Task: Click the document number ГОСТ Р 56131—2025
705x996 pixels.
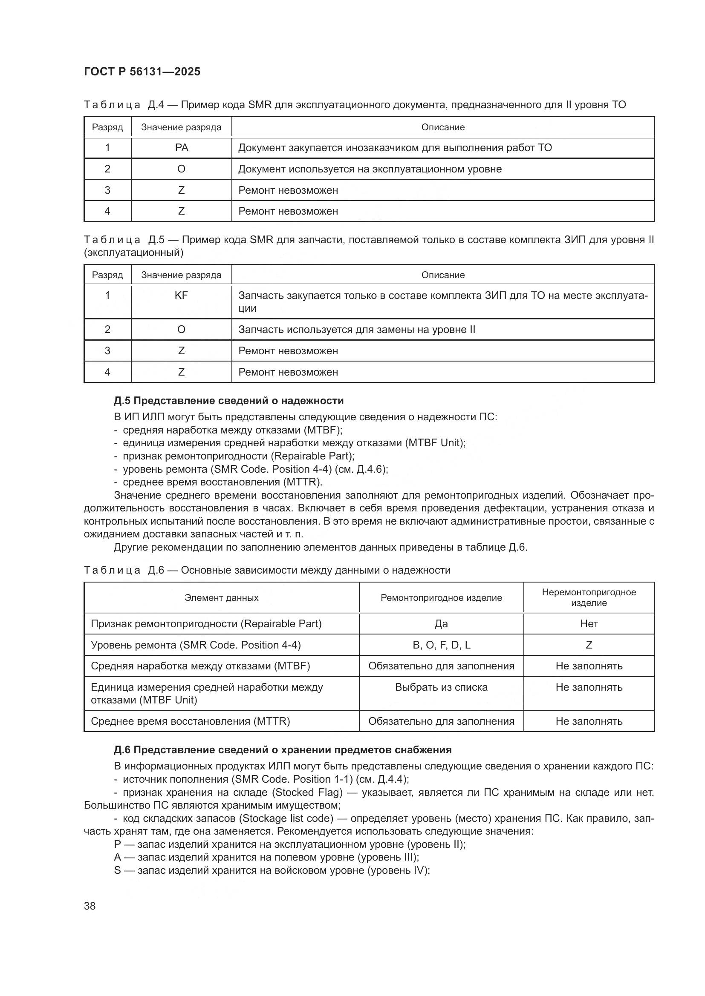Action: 142,72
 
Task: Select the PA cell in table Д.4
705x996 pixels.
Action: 181,148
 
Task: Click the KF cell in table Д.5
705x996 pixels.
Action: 181,296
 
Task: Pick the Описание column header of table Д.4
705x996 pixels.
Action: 443,127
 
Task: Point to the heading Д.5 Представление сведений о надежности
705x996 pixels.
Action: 229,400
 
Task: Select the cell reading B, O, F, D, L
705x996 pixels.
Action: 441,645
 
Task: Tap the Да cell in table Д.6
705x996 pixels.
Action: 441,623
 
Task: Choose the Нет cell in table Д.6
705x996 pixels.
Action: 589,623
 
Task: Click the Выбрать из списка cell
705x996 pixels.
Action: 441,687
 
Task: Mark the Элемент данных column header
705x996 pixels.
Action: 221,598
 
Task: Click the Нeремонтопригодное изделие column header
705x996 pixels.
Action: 589,597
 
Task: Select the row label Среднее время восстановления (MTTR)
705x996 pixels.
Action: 190,721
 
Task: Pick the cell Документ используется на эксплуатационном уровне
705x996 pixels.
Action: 370,169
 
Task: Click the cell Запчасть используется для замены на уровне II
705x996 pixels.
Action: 357,330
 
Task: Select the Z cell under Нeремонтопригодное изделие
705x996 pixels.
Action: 589,645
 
